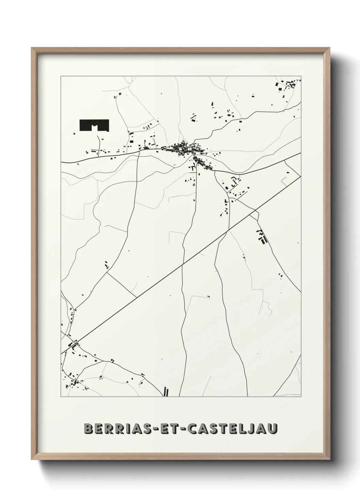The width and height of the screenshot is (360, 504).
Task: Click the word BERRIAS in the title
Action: pyautogui.click(x=115, y=428)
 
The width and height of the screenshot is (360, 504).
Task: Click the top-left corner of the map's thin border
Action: pyautogui.click(x=61, y=76)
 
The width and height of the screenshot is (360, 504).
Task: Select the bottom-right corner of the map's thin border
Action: pyautogui.click(x=301, y=397)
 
